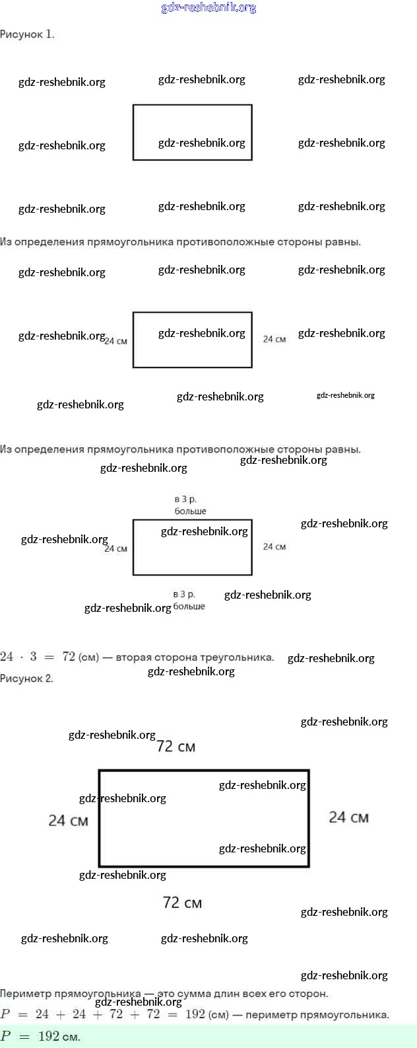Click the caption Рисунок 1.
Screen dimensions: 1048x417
tap(27, 34)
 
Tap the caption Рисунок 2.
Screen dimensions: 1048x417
tap(26, 679)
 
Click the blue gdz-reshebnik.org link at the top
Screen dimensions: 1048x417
tap(208, 8)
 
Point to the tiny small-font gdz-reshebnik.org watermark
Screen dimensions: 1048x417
tap(345, 395)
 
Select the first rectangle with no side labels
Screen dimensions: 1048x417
tap(192, 132)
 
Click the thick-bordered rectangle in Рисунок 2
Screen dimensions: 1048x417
tap(204, 818)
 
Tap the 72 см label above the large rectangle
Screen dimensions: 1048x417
tap(176, 747)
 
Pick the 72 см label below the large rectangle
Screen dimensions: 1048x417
tap(182, 903)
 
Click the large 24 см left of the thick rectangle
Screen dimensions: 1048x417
tap(68, 821)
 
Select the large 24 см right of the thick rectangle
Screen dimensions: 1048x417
tap(348, 817)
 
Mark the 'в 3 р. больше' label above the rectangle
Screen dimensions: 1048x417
tap(190, 505)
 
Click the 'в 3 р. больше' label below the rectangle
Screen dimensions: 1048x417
tap(189, 600)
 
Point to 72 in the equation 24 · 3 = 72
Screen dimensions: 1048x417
tap(69, 657)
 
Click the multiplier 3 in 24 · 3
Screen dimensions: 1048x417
tap(33, 657)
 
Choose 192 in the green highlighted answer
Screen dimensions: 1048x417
tap(49, 1036)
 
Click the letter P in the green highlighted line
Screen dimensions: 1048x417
tap(6, 1036)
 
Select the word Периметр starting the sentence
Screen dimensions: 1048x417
tap(24, 993)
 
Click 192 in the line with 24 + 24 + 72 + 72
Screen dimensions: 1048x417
tap(195, 1014)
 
